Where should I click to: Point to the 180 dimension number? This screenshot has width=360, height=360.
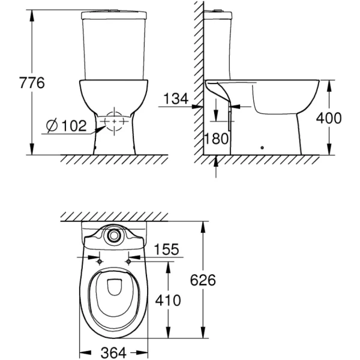pos(217,139)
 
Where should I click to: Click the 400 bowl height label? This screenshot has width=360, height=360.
pos(329,118)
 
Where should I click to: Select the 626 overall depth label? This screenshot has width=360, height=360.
pos(203,280)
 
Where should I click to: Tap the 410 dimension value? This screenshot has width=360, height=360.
pos(167,300)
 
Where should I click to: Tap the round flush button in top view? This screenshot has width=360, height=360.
pos(113,236)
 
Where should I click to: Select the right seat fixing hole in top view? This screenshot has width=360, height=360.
pos(128,261)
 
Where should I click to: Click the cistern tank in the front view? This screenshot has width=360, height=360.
pos(114,45)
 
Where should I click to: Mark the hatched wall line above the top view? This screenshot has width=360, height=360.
pos(114,216)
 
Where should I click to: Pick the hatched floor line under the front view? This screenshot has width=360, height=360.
pos(114,160)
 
